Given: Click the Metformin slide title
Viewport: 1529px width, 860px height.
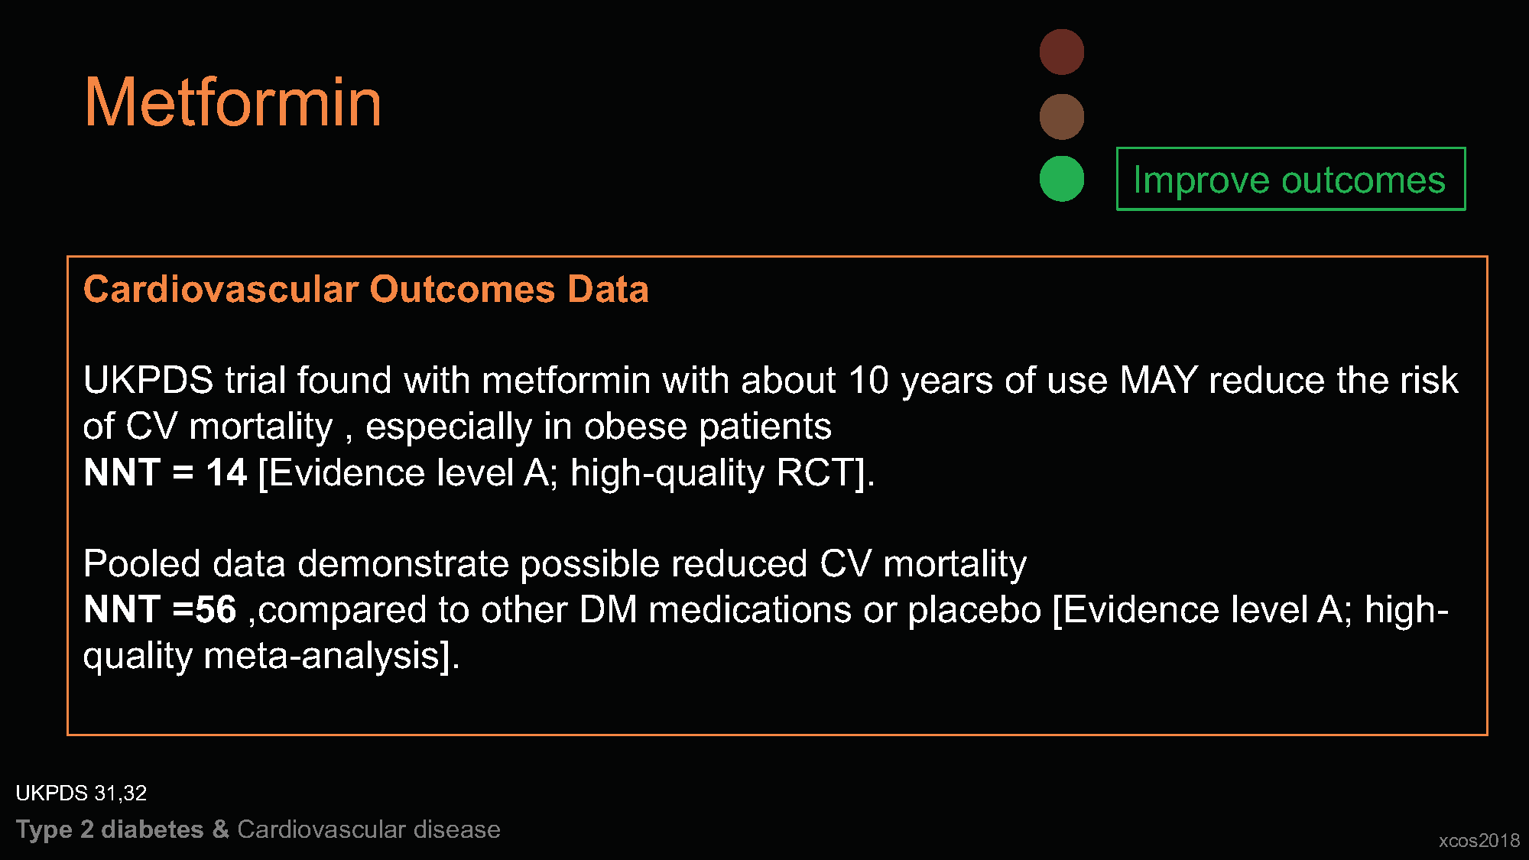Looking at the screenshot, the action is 232,102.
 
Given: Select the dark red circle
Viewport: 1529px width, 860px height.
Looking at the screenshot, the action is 1061,52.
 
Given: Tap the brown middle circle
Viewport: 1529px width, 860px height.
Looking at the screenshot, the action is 1061,117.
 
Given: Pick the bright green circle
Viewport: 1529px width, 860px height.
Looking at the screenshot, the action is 1061,179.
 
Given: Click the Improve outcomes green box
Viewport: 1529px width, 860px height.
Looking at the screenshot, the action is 1290,179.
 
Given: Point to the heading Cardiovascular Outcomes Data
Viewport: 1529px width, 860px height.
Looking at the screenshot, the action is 365,290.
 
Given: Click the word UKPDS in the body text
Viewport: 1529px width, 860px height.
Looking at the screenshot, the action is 148,380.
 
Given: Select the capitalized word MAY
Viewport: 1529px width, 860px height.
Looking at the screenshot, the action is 1158,380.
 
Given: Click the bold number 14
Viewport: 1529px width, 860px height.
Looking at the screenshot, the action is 226,472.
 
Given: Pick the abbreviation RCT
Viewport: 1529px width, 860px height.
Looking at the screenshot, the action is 815,472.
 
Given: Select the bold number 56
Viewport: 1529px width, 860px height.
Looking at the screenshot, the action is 216,610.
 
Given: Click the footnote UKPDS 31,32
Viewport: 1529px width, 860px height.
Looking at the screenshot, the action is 81,793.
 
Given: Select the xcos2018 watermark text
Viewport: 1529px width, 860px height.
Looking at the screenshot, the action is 1479,840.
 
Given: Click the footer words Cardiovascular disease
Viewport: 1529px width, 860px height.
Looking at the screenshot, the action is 368,829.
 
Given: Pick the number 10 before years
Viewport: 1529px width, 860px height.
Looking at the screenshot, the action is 868,380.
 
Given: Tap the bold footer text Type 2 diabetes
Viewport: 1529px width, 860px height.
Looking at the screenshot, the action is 109,830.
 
